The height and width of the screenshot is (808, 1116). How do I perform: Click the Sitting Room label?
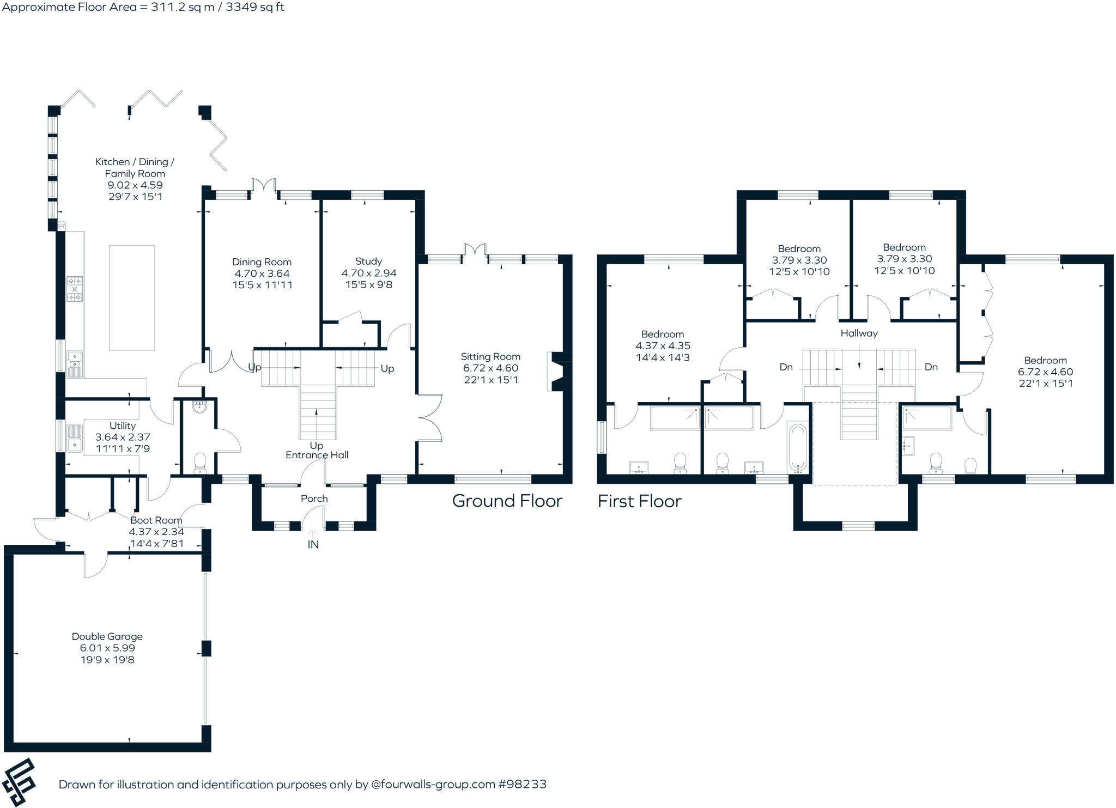[x=490, y=356]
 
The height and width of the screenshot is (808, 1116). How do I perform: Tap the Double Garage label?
[x=107, y=636]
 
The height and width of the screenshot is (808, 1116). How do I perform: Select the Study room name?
[x=368, y=261]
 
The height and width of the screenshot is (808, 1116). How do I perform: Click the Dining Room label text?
[x=262, y=262]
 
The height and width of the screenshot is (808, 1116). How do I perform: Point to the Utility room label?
[x=122, y=426]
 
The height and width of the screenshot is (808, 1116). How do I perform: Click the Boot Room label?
[x=156, y=520]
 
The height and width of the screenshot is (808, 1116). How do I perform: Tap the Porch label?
[x=314, y=499]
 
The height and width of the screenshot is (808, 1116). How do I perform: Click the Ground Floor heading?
[x=507, y=501]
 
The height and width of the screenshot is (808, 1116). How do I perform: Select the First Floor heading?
[x=639, y=501]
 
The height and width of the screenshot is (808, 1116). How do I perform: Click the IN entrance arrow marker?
[x=313, y=534]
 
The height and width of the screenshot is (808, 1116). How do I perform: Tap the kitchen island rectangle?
[x=131, y=297]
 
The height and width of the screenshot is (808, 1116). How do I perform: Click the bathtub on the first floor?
[x=797, y=448]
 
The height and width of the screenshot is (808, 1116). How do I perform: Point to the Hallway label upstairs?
[x=859, y=333]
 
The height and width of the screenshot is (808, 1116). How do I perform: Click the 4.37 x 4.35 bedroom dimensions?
[x=663, y=346]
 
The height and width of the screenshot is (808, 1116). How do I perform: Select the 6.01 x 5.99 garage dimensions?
[x=107, y=648]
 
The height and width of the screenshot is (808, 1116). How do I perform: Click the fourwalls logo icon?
[x=20, y=782]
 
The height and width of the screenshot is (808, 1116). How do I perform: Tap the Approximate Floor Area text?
[x=143, y=7]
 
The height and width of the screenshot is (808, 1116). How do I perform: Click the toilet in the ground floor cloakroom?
[x=200, y=463]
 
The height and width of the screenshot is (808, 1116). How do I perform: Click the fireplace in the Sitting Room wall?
[x=556, y=372]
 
